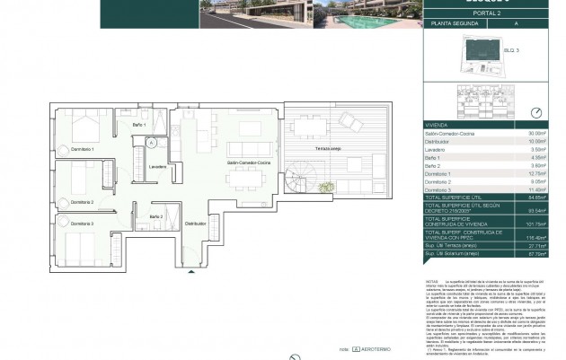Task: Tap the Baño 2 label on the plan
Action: point(155,217)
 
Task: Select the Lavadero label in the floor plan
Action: point(157,167)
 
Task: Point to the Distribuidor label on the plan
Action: point(196,224)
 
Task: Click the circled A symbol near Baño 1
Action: point(152,142)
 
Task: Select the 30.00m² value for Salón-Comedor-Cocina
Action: point(536,133)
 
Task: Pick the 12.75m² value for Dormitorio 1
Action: point(536,173)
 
